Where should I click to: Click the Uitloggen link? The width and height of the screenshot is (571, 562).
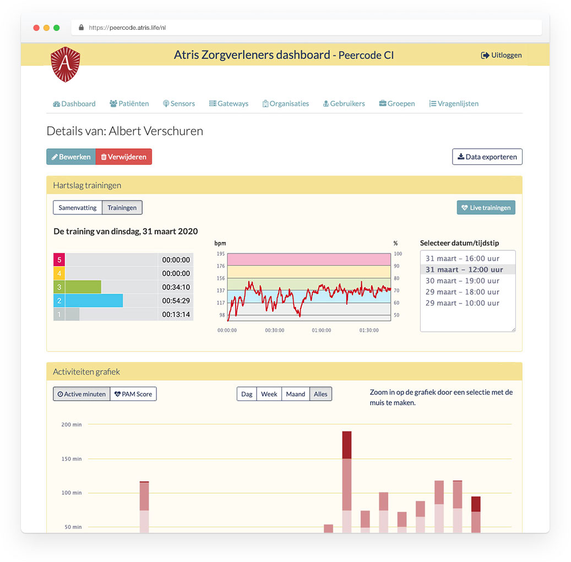coord(501,55)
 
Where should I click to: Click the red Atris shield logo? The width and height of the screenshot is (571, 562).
coord(65,64)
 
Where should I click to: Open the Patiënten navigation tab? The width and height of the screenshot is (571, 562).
coord(129,104)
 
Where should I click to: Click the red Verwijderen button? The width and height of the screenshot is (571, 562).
coord(123,157)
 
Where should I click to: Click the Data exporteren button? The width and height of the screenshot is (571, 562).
coord(487,157)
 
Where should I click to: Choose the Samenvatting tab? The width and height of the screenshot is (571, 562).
coord(78,208)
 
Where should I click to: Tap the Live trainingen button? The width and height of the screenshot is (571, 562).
coord(486,208)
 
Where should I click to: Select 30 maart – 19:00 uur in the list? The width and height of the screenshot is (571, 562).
coord(462,281)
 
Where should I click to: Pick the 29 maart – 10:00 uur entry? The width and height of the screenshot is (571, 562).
coord(462,303)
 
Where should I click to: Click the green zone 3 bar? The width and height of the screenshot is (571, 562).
coord(83,287)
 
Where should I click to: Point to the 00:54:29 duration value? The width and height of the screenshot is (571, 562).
coord(176,301)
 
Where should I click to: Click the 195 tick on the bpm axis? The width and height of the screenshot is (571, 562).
coord(220,253)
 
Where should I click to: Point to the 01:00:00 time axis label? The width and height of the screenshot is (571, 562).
coord(321,331)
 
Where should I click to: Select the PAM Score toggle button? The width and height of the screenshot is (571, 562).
coord(133,394)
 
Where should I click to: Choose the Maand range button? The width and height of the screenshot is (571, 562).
coord(295,394)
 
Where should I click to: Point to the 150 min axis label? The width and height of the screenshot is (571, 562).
coord(71,459)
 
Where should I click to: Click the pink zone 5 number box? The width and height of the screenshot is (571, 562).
coord(59,260)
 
